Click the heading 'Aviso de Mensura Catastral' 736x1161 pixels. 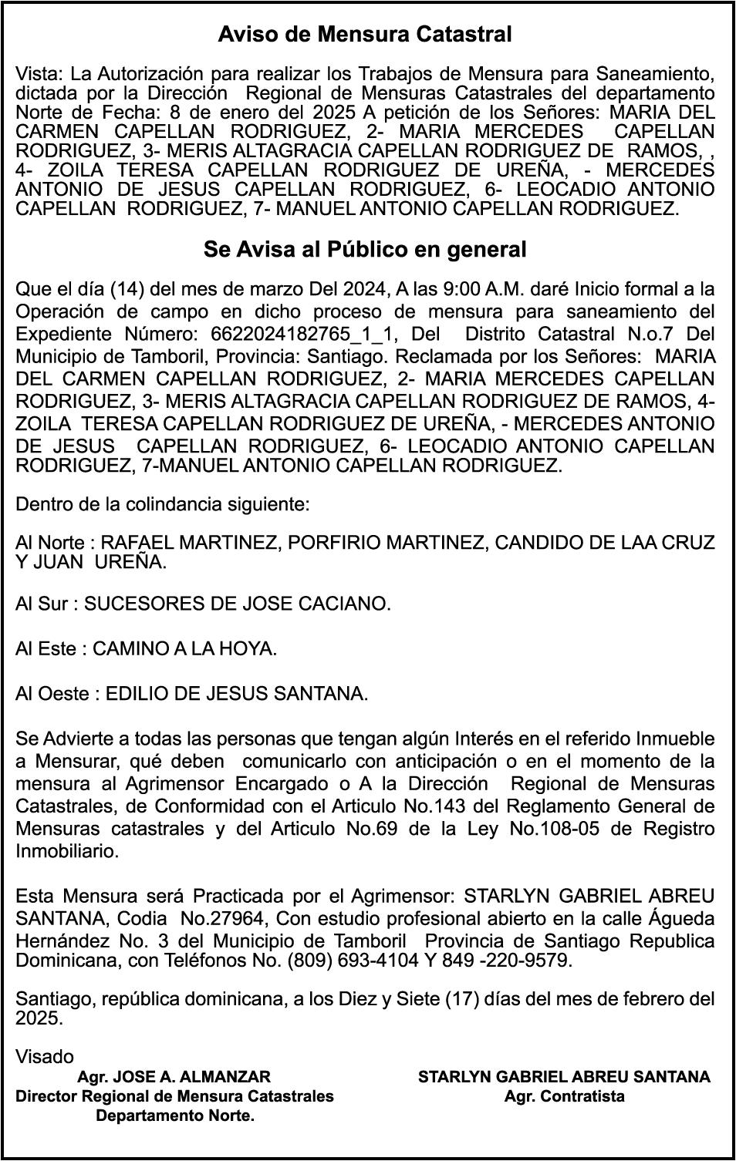click(x=365, y=35)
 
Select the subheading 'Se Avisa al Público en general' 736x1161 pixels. click(x=365, y=250)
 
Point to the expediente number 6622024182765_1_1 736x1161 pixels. click(x=302, y=335)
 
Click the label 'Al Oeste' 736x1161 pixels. click(x=52, y=694)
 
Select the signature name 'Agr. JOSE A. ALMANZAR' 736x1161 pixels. click(x=174, y=1077)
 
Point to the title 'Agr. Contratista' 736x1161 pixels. click(x=564, y=1096)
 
